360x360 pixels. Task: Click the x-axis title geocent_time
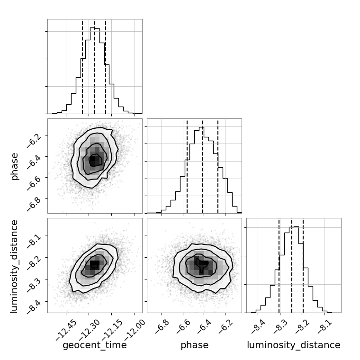pyautogui.click(x=95, y=345)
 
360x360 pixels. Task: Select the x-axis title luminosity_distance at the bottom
pyautogui.click(x=294, y=345)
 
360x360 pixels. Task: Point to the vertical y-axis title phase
pyautogui.click(x=15, y=166)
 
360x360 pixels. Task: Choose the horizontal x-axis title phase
pyautogui.click(x=194, y=345)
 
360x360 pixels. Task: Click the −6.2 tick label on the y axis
pyautogui.click(x=36, y=135)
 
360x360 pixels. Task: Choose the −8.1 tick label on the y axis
pyautogui.click(x=36, y=235)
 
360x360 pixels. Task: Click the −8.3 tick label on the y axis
pyautogui.click(x=36, y=280)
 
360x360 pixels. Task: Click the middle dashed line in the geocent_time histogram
pyautogui.click(x=94, y=66)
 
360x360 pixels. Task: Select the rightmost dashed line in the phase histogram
pyautogui.click(x=218, y=166)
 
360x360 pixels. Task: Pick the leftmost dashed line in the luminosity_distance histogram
pyautogui.click(x=279, y=265)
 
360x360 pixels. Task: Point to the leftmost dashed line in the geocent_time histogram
pyautogui.click(x=82, y=66)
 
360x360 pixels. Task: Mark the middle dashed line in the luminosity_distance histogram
pyautogui.click(x=292, y=265)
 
